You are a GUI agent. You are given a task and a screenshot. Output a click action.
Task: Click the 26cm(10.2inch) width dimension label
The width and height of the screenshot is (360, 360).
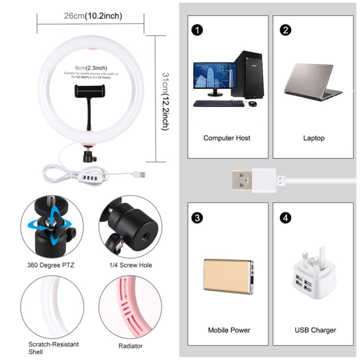(93, 16)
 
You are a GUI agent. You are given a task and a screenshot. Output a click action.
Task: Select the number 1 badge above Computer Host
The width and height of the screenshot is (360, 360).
(196, 30)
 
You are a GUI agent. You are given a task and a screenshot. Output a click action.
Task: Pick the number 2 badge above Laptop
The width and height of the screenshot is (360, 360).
(285, 30)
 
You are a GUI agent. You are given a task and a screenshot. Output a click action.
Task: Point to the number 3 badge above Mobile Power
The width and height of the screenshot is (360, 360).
(196, 218)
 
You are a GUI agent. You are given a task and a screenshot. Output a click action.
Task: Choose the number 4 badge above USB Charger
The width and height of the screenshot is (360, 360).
(285, 218)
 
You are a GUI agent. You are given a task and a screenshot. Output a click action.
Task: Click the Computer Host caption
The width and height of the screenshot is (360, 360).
(227, 138)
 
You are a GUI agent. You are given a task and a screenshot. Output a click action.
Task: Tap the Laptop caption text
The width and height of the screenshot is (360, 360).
(314, 138)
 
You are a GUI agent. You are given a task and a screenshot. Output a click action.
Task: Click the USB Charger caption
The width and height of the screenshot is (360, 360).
(315, 330)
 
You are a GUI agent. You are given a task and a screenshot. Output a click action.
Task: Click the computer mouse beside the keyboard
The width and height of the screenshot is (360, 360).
(252, 104)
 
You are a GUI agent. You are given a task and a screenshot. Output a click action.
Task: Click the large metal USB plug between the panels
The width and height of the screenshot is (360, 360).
(243, 180)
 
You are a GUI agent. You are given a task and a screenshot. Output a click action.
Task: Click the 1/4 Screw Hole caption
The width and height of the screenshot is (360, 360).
(130, 265)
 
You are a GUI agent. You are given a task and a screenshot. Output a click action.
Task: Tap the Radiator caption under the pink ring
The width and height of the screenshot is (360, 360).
(130, 346)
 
